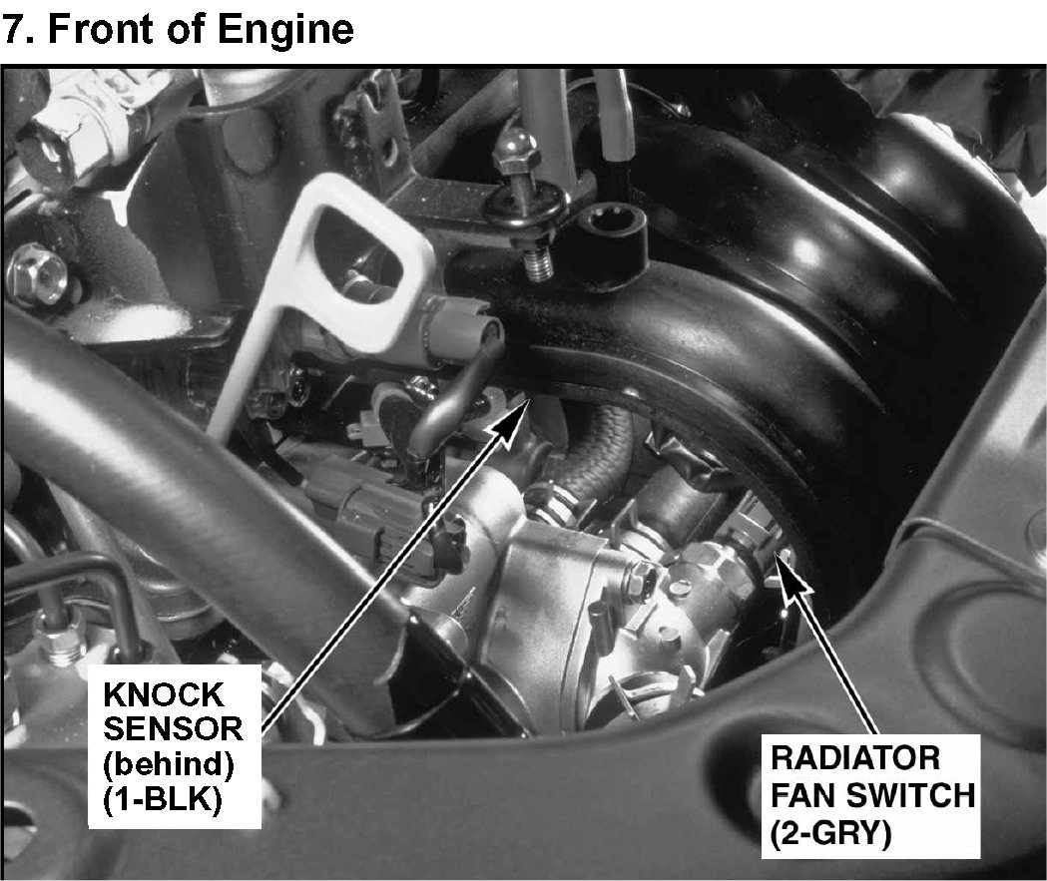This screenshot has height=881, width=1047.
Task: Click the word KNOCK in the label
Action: coord(163,695)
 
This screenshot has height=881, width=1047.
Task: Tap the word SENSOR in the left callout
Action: coord(173,728)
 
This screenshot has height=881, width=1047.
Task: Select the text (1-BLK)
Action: coord(163,799)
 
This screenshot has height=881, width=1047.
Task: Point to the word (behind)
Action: coord(169,764)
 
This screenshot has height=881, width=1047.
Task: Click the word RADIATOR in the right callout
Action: coord(855,758)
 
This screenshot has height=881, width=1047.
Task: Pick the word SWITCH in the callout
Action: coord(910,795)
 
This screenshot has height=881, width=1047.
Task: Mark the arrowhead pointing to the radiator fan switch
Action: coord(790,574)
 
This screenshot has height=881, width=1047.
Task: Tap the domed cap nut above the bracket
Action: coord(517,151)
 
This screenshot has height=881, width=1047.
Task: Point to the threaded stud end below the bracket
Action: coord(538,263)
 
